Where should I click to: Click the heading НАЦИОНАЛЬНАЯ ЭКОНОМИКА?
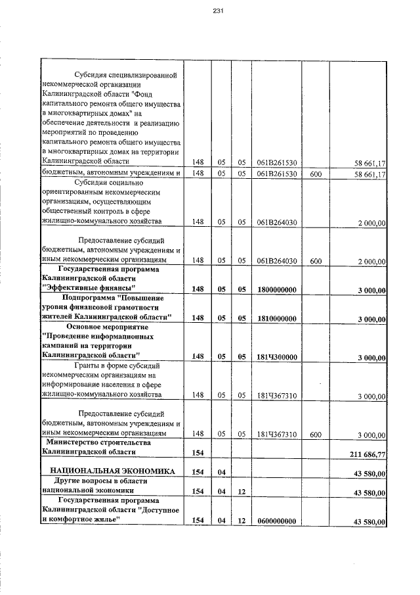click(x=108, y=472)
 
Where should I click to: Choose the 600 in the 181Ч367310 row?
click(x=315, y=435)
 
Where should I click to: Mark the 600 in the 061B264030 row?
click(x=315, y=261)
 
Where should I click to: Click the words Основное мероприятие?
click(x=108, y=327)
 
